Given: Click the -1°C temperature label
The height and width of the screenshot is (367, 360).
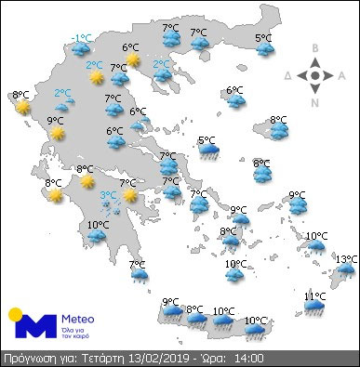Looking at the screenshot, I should (x=83, y=38).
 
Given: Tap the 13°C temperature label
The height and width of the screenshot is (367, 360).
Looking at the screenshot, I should (x=346, y=258).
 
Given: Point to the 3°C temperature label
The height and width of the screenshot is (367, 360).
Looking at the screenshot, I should (x=109, y=194).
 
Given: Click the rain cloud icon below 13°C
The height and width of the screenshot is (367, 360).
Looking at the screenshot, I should (x=346, y=271).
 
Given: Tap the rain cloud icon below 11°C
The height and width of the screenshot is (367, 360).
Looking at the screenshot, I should (x=315, y=308).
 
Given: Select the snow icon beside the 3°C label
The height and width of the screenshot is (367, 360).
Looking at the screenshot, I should (x=112, y=206).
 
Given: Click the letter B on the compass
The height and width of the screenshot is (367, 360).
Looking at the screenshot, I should (x=316, y=48).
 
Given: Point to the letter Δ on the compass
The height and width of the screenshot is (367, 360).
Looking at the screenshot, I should (x=289, y=74).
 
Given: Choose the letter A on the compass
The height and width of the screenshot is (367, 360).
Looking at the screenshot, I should (x=342, y=74).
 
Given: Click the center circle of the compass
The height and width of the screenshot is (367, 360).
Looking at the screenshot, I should (x=316, y=74).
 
